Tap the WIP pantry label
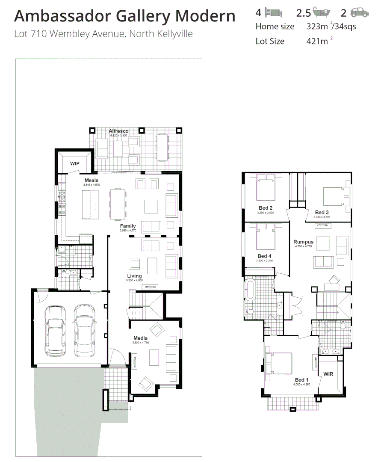point(75,163)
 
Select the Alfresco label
point(118,131)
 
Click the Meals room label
point(92,181)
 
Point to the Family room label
point(128,226)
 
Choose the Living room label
point(134,276)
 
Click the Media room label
point(140,338)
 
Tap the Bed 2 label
point(265,208)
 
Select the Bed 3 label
point(322,212)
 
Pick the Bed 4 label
point(265,256)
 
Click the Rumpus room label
point(303,242)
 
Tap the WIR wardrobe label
point(329,375)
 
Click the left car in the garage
point(56,330)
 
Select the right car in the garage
point(84,330)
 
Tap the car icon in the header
point(359,12)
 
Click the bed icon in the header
point(273,12)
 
